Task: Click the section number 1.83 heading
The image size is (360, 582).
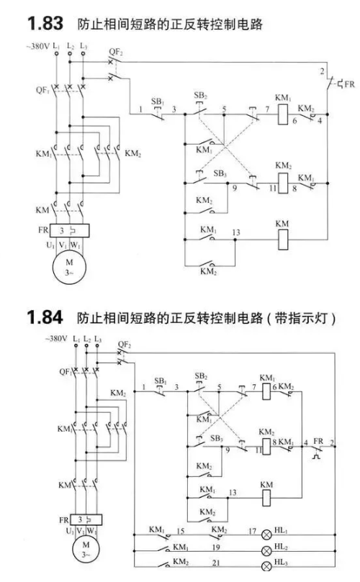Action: click(x=45, y=24)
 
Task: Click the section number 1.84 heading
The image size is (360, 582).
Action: click(x=45, y=318)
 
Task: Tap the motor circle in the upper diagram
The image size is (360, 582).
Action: click(x=69, y=267)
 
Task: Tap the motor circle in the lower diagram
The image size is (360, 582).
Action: click(x=86, y=550)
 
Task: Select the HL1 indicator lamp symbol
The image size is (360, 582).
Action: click(x=266, y=535)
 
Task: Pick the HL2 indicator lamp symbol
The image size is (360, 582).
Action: click(x=266, y=551)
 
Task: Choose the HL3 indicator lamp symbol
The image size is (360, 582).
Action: click(x=266, y=566)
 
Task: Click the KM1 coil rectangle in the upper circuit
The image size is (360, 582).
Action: click(x=283, y=114)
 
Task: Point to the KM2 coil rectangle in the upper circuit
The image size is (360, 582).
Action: click(x=283, y=183)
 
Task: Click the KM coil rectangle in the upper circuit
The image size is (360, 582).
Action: click(x=283, y=240)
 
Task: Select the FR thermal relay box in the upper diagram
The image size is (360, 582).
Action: click(x=69, y=230)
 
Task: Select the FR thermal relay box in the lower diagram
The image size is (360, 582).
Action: click(x=86, y=519)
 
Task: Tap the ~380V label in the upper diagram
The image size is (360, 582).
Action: click(x=38, y=47)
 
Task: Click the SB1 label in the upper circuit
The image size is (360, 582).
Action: click(x=158, y=101)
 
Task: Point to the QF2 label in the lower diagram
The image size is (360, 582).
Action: click(x=125, y=345)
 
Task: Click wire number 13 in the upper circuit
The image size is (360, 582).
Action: click(x=236, y=232)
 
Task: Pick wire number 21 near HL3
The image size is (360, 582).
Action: click(x=216, y=563)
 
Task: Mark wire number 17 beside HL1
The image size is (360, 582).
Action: click(x=252, y=531)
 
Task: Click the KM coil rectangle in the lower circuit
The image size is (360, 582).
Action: click(x=266, y=498)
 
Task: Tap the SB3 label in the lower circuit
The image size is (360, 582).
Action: click(x=216, y=438)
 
